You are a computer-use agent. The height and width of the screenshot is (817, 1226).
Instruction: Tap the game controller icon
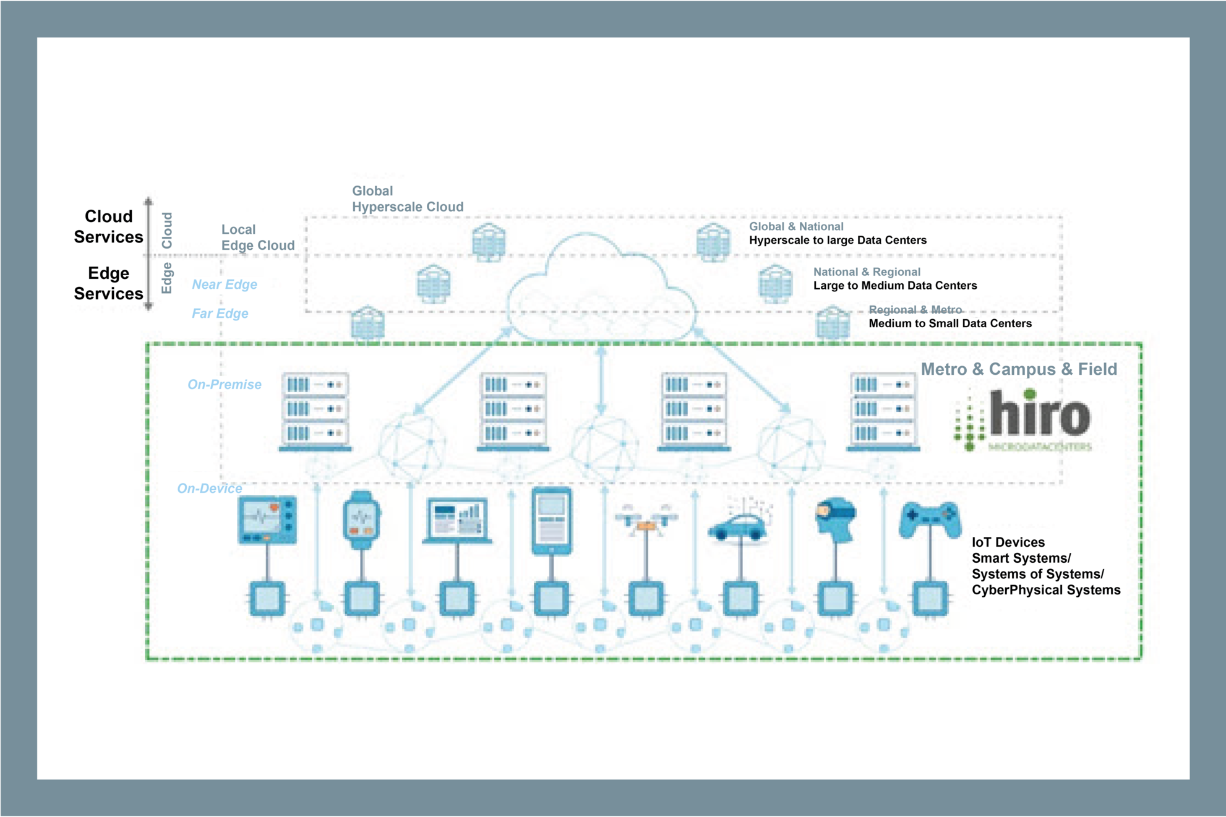[x=930, y=519]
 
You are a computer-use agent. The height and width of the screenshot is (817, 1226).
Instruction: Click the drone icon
[x=646, y=518]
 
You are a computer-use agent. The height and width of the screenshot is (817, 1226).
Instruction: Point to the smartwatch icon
[x=362, y=520]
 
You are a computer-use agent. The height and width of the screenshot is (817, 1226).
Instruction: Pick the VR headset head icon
[x=836, y=519]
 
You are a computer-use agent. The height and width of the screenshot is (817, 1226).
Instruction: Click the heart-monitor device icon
[x=267, y=520]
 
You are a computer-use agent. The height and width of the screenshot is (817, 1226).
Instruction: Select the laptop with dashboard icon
[x=457, y=521]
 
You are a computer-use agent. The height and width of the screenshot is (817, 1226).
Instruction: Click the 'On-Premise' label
[x=224, y=385]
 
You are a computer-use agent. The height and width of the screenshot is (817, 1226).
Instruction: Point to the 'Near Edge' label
[x=224, y=284]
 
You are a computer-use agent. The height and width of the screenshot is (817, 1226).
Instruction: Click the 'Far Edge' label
[x=220, y=314]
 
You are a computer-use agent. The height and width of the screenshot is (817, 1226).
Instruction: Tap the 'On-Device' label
[x=209, y=489]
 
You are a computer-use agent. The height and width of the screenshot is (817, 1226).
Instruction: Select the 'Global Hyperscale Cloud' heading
[x=407, y=199]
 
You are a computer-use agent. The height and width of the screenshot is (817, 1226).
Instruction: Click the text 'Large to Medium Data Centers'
[x=894, y=286]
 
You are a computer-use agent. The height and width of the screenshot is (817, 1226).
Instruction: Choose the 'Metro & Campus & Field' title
[x=1018, y=369]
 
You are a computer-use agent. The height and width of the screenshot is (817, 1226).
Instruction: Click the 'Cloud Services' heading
[x=108, y=226]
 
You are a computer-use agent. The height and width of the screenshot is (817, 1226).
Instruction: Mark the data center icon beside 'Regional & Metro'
[x=833, y=322]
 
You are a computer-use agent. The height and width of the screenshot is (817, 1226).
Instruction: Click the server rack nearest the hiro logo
[x=883, y=411]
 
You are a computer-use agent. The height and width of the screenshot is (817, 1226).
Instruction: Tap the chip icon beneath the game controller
[x=930, y=599]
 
